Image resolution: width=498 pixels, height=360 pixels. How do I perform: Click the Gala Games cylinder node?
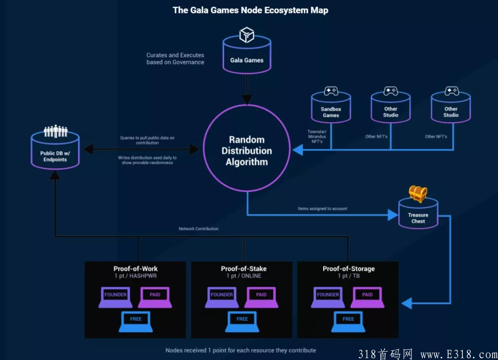click(247, 57)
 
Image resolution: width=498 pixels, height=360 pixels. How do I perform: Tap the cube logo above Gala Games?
click(247, 35)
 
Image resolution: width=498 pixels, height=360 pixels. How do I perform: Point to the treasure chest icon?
click(418, 194)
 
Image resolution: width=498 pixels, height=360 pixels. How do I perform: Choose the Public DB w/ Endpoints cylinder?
click(55, 152)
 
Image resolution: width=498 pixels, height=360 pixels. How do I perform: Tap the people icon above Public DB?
click(55, 131)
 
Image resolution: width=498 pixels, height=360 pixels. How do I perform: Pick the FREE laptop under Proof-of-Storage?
click(348, 321)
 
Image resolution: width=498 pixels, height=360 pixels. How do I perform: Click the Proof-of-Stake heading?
click(243, 269)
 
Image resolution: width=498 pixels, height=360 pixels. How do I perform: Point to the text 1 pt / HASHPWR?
click(136, 276)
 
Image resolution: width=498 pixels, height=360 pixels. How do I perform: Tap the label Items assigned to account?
click(322, 209)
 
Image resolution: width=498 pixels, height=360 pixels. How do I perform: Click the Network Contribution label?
click(199, 229)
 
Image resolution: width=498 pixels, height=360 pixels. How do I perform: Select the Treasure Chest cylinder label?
click(418, 218)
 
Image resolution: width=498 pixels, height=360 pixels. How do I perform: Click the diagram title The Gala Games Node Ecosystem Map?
click(250, 10)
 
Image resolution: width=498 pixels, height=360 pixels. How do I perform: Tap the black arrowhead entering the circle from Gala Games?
click(247, 99)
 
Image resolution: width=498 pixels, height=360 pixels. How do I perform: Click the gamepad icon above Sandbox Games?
click(331, 91)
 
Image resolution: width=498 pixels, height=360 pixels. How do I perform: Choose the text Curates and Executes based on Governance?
click(175, 59)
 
